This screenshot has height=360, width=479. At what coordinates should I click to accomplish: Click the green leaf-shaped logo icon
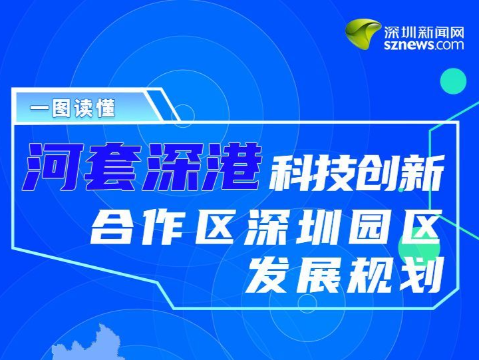click(x=363, y=33)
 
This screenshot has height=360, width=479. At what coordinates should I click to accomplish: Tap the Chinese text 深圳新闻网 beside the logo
click(x=424, y=32)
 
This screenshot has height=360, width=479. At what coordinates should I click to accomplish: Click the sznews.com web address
click(x=424, y=45)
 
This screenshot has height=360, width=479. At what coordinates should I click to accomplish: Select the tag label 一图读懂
click(x=73, y=108)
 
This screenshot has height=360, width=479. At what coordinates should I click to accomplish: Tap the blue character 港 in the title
click(x=232, y=166)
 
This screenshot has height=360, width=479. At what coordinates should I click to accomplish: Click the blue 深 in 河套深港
click(x=172, y=166)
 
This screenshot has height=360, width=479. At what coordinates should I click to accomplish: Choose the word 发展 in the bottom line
click(x=295, y=274)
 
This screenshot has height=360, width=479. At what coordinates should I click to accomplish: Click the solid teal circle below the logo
click(x=453, y=81)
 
